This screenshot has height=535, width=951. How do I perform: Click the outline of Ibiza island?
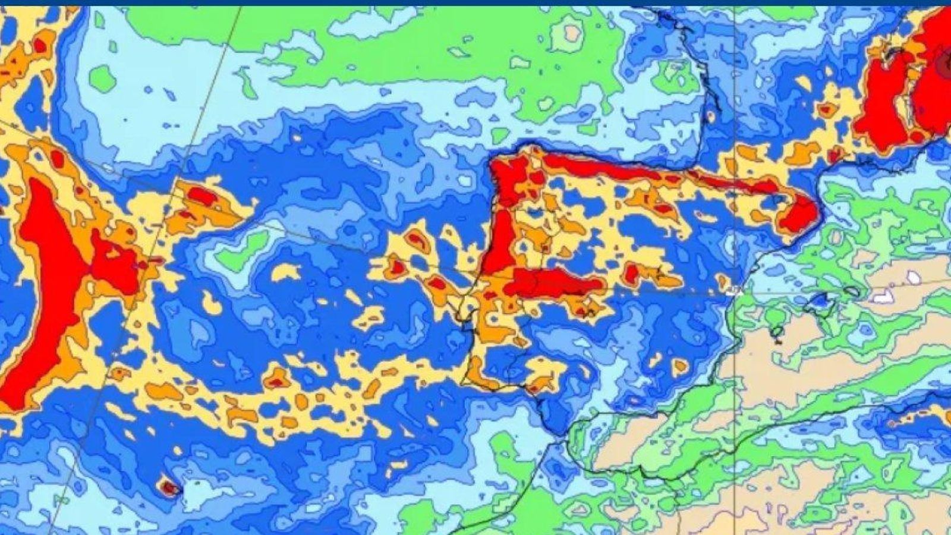point(776,333)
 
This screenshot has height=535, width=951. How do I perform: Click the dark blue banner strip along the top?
point(475,3)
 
